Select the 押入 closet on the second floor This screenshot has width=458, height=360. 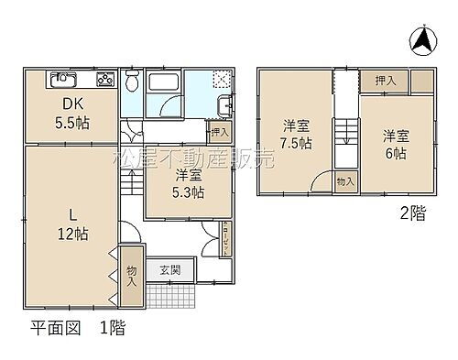(385, 82)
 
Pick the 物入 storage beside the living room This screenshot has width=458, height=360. (131, 275)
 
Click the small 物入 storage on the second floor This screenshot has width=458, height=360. (344, 181)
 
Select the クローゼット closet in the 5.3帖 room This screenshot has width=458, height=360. (225, 235)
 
